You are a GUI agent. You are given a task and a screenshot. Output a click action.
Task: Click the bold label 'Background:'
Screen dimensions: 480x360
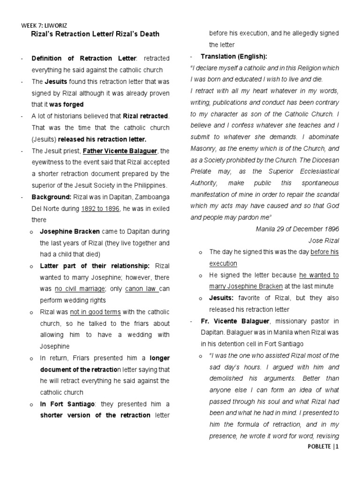click(51, 197)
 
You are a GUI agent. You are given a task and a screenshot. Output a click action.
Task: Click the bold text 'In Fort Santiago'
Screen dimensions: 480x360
click(67, 404)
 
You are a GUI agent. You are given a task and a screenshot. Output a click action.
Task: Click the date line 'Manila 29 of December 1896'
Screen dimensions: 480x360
click(303, 229)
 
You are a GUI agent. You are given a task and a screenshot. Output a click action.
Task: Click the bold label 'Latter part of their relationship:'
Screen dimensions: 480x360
click(95, 266)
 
